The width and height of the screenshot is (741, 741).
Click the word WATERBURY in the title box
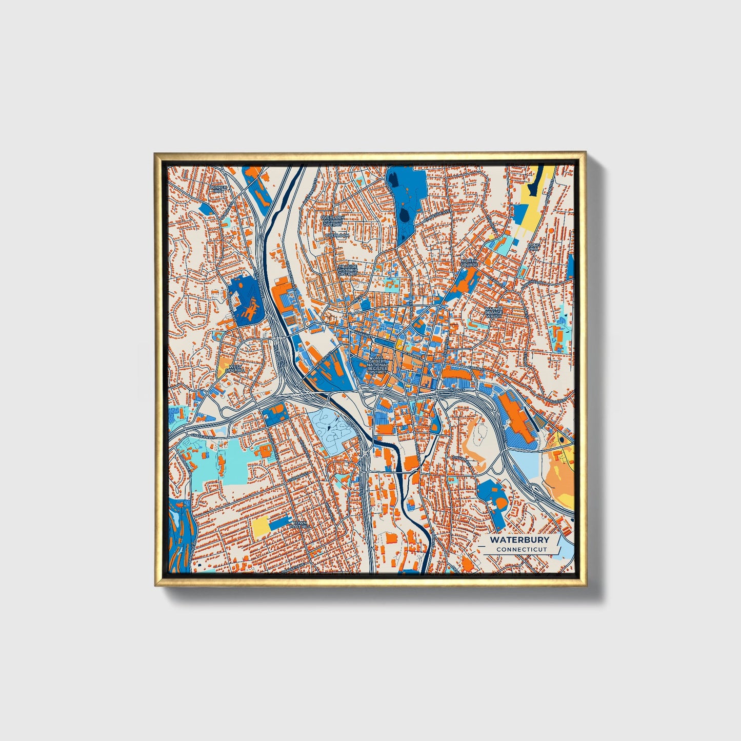(x=519, y=540)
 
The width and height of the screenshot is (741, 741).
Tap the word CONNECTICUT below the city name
(x=521, y=550)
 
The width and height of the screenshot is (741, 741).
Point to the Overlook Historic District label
(x=332, y=221)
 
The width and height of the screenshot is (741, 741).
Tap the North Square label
(x=469, y=263)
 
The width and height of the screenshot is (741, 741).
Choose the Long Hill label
(x=534, y=248)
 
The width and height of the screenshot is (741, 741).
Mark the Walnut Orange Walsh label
(x=495, y=313)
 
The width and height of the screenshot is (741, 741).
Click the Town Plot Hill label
(x=299, y=525)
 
